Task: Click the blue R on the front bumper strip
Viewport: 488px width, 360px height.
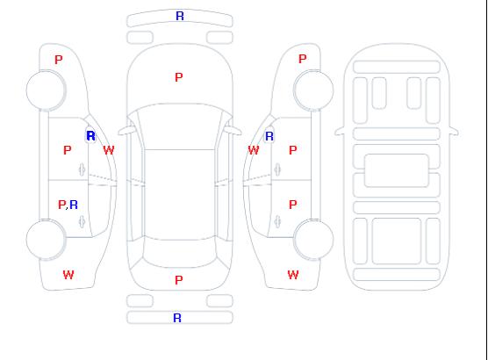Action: (180, 16)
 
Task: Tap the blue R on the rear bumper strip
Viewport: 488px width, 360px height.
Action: (177, 318)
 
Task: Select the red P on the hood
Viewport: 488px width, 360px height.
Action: (179, 77)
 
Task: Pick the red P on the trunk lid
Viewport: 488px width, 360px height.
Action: (179, 280)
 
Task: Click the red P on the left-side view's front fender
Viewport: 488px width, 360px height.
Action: (59, 60)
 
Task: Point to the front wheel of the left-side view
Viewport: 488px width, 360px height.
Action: (46, 90)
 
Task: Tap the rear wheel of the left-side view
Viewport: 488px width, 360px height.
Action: (46, 240)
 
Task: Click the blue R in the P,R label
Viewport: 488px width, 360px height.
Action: (74, 205)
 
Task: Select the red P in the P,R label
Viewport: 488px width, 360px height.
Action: (62, 205)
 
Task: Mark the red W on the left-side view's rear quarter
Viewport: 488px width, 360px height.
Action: (68, 275)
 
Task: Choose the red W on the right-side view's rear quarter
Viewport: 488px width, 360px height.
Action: (293, 275)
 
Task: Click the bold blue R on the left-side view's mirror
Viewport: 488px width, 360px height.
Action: (90, 136)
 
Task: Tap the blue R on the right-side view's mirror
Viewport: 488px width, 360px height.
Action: (269, 136)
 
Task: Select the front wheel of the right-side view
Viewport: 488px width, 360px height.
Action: (313, 90)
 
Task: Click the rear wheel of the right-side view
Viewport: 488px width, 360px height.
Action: (313, 240)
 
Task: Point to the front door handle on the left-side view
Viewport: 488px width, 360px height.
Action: (82, 169)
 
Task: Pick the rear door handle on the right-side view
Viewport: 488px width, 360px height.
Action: (277, 221)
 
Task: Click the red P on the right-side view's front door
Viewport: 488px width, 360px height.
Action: (293, 150)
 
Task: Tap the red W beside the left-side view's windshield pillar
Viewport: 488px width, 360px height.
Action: (109, 150)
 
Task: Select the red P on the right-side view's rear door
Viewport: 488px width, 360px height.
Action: (293, 205)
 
